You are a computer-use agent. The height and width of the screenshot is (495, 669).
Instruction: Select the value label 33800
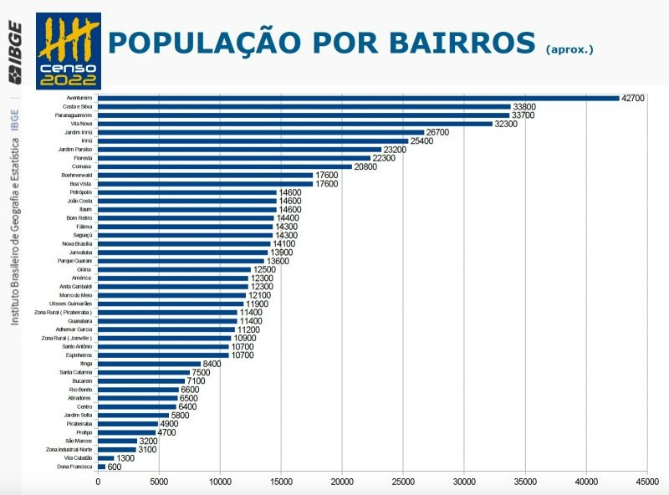coord(524,107)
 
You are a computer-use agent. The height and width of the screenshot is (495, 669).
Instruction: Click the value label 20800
coord(365,166)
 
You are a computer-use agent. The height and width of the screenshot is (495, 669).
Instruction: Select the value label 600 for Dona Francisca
coord(115,467)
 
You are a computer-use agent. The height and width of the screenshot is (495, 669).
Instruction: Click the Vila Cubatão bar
coord(106,458)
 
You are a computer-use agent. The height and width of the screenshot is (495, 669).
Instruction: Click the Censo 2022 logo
coord(69,50)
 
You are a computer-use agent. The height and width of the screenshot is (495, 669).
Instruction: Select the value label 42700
coord(633,98)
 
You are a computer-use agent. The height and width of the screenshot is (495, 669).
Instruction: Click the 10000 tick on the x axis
coord(220,481)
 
